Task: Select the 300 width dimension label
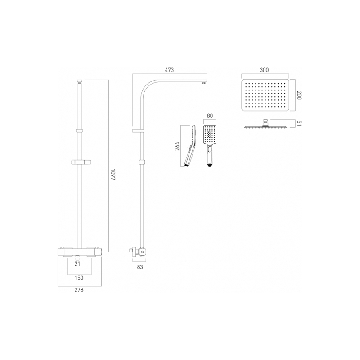(x=264, y=70)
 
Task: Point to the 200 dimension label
(x=298, y=96)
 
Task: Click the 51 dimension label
(x=298, y=124)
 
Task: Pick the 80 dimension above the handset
(x=209, y=117)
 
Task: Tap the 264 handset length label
(x=177, y=147)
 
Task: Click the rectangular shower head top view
(x=264, y=96)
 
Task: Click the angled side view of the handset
(x=191, y=145)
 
